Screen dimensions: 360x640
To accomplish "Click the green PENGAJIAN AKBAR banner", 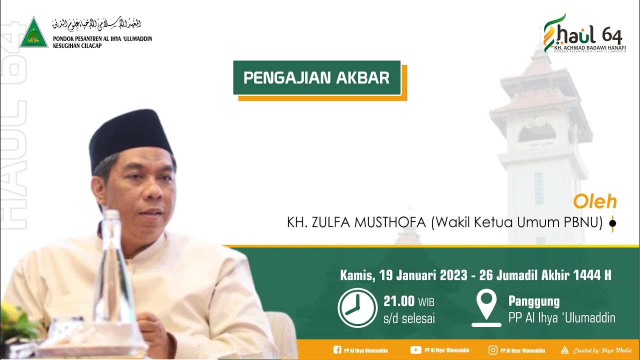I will point(316,78).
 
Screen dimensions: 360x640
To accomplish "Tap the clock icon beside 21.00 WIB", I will point(357,308).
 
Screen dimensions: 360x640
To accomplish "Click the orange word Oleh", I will point(594,202).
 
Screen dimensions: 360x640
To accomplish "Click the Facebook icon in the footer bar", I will point(337,350).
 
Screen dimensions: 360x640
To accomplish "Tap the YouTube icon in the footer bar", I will point(415,350).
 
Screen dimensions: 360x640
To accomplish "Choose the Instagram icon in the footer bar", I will point(493,350).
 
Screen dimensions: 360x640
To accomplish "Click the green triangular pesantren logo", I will point(33,33).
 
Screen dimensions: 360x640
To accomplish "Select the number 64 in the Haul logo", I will point(612,35).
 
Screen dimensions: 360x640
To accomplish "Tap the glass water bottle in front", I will point(113,270).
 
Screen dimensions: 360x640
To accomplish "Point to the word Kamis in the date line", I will point(357,275).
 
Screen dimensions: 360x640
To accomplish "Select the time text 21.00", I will point(399,301).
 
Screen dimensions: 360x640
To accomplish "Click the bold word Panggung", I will point(533,301).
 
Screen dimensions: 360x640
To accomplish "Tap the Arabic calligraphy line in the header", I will point(96,24).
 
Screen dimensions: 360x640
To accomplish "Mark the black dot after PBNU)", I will point(612,224).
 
